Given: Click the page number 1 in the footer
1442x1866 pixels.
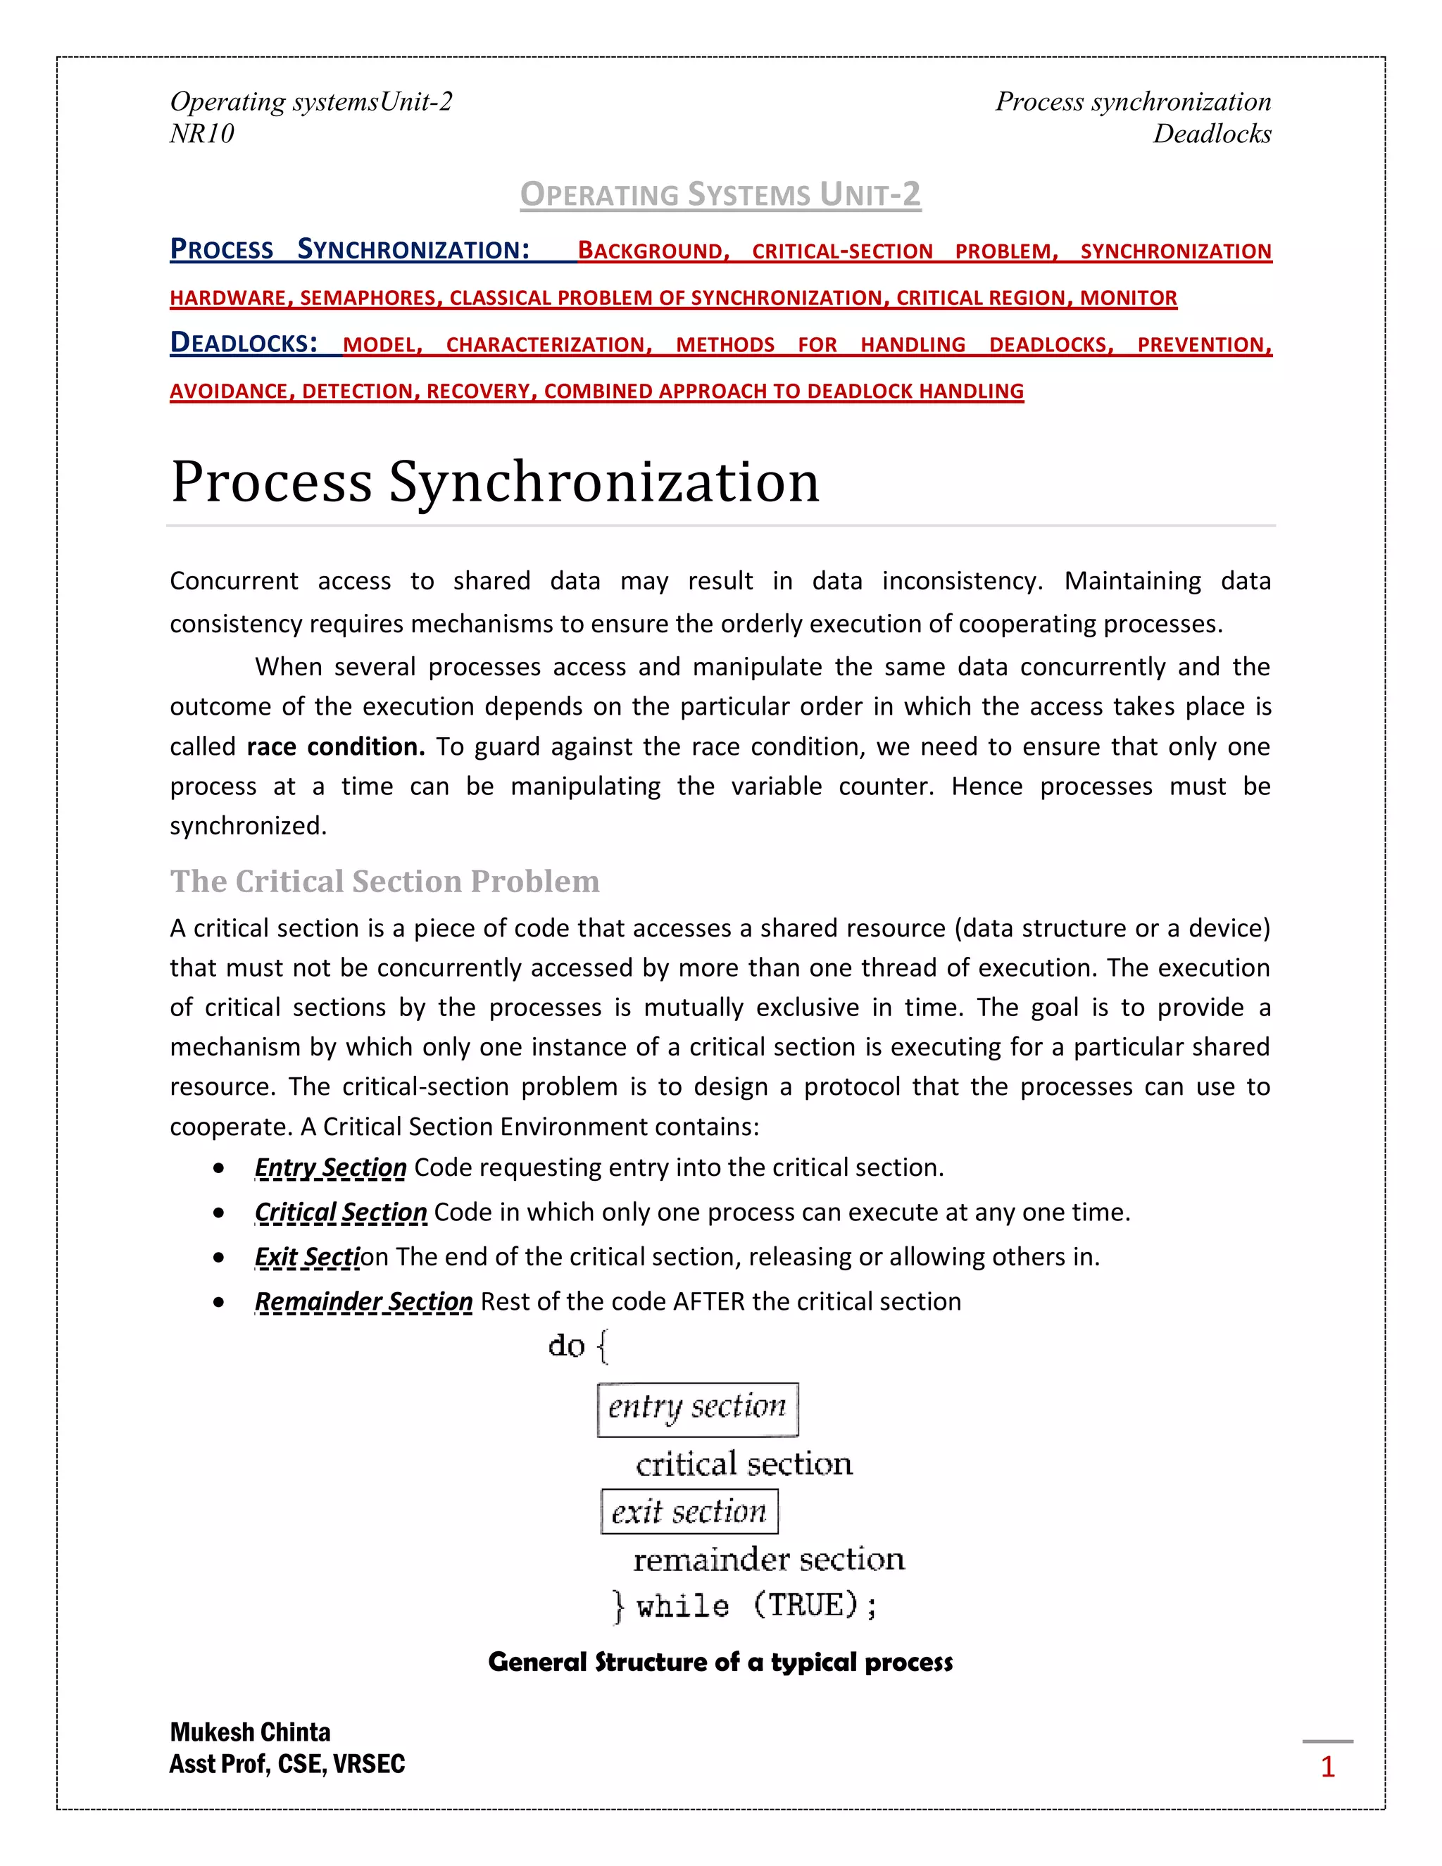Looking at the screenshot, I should [1327, 1766].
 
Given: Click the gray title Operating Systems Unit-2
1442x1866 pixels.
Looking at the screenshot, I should [720, 195].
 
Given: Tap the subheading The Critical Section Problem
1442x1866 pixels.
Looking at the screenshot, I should [384, 881].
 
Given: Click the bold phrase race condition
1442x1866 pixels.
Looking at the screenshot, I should [336, 746].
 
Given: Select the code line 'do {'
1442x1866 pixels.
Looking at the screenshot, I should [578, 1346].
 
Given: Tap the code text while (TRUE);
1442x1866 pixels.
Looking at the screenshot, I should [756, 1605].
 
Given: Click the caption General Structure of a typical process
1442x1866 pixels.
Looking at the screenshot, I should [720, 1662].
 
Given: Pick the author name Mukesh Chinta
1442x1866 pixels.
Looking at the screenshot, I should [250, 1732].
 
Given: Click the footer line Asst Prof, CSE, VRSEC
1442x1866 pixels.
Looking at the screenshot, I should [287, 1763].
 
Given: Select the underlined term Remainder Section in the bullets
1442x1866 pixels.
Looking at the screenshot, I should [363, 1301].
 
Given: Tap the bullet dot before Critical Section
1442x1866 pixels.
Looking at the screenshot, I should [220, 1213].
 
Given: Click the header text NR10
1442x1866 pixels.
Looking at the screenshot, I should [201, 133].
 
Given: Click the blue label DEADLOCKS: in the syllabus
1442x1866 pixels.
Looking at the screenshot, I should [244, 344].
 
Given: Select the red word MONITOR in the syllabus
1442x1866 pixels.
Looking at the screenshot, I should [1128, 297].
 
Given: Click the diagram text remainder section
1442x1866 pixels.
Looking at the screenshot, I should [768, 1559].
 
